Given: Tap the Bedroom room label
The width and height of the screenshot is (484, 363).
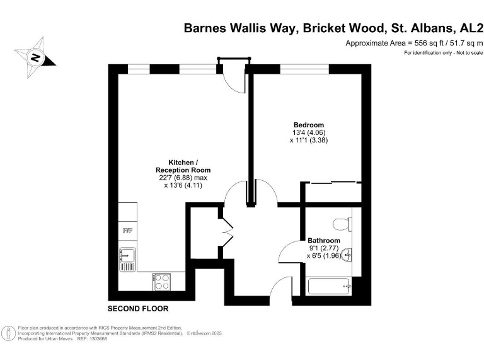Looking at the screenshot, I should pos(309,124).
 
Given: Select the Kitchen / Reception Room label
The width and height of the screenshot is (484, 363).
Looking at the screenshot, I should pos(183,166).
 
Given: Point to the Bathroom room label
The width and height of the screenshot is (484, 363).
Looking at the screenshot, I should pos(323,241).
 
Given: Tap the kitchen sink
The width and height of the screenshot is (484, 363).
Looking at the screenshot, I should pos(127,258).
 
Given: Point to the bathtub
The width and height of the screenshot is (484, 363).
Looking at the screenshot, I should pos(330,287).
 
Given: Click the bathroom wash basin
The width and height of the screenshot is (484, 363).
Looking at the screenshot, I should pos(348,255).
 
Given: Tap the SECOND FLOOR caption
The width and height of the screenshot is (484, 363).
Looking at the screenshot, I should pos(138,309).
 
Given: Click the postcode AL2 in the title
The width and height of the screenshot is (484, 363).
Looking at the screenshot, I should pos(468,28).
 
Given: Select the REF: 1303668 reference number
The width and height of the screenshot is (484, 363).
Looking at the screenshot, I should pos(93,339).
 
